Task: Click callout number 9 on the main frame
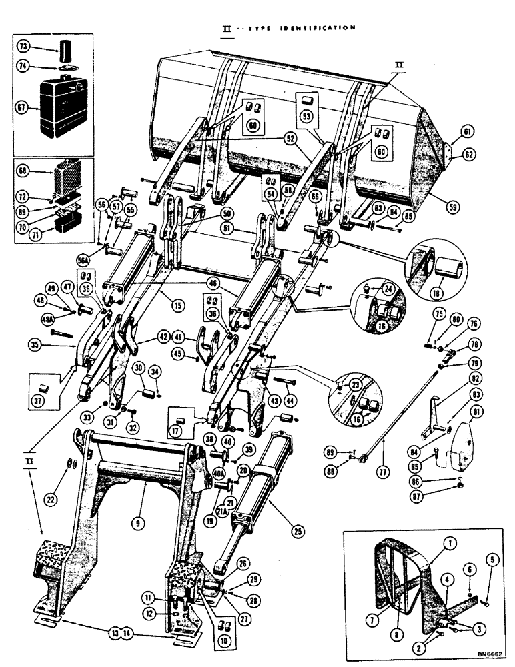click(136, 524)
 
